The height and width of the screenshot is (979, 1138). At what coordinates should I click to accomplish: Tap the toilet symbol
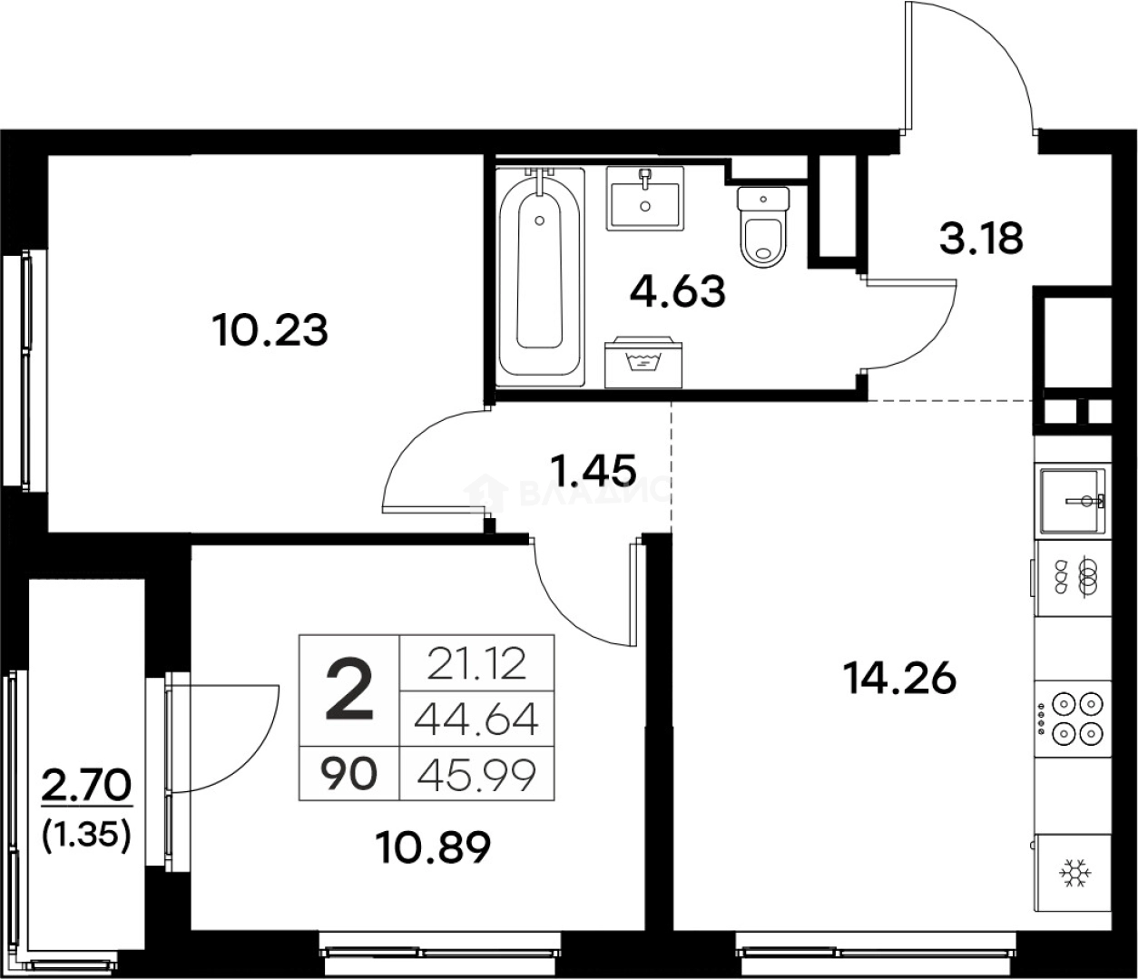tap(763, 228)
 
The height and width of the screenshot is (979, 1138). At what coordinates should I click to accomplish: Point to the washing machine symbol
tap(643, 361)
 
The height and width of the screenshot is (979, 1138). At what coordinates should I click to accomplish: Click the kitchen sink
tap(1072, 501)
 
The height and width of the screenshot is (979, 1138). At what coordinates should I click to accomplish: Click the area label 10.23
tap(270, 330)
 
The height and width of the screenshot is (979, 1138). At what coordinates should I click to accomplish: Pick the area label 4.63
tap(678, 292)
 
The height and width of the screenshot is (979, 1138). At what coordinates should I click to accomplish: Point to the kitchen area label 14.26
tap(899, 677)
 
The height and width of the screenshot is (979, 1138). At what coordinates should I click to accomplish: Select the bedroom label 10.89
tap(433, 847)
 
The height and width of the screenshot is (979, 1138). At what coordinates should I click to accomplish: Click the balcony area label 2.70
tap(86, 785)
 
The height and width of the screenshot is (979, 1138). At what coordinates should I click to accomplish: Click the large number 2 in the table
tap(349, 691)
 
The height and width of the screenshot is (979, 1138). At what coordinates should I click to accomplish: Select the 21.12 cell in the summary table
tap(476, 664)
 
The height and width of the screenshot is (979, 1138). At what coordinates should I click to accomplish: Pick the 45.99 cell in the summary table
tap(476, 775)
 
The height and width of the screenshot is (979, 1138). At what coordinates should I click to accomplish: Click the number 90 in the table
tap(348, 775)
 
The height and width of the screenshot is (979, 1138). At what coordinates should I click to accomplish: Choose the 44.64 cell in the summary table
tap(476, 720)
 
